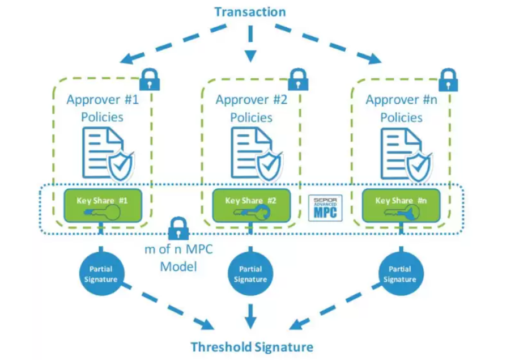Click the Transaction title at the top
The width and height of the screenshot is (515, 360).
point(250,12)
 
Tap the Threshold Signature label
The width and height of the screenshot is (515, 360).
point(252,347)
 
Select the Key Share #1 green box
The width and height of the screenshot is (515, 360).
point(103,205)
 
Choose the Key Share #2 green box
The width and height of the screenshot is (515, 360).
point(252,205)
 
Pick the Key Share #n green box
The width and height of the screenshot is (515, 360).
point(401,205)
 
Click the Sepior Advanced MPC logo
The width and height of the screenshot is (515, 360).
point(325,208)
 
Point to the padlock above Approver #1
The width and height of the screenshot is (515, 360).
point(150,79)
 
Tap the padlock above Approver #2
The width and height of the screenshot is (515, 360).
point(298,79)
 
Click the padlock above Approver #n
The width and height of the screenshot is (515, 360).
point(449,80)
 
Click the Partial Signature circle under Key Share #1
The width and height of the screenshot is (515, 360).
point(101,273)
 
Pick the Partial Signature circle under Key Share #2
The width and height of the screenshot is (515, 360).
point(250,273)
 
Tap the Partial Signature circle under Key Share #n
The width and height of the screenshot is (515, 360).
point(401,273)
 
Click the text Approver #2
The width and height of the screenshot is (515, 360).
point(251,100)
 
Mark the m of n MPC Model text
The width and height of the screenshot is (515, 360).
point(178,258)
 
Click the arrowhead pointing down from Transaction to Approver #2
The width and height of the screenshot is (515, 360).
point(250,56)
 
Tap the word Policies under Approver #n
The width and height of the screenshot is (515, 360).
point(401,117)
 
